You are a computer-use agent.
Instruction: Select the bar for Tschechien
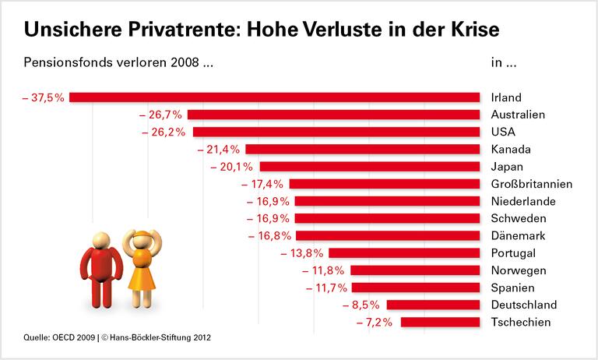pyautogui.click(x=440, y=322)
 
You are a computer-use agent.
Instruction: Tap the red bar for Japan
pyautogui.click(x=369, y=166)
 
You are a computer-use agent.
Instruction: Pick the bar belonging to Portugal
pyautogui.click(x=404, y=252)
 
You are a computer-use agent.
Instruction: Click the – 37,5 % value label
pyautogui.click(x=44, y=97)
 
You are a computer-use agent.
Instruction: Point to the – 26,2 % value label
pyautogui.click(x=163, y=132)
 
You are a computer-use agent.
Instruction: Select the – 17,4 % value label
pyautogui.click(x=265, y=184)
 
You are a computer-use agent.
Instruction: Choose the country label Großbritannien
pyautogui.click(x=532, y=184)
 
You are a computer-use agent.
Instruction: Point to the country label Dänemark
pyautogui.click(x=519, y=235)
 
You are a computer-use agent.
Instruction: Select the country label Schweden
pyautogui.click(x=518, y=218)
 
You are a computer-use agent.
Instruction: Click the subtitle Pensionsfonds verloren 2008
pyautogui.click(x=118, y=63)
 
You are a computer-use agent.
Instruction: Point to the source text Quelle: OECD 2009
pyautogui.click(x=58, y=338)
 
